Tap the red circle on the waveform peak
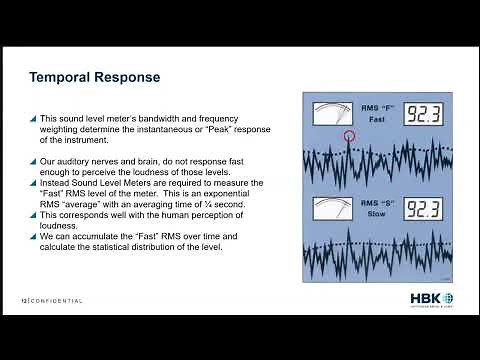pyautogui.click(x=349, y=135)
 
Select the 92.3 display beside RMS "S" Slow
pyautogui.click(x=424, y=209)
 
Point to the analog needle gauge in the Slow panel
pyautogui.click(x=332, y=208)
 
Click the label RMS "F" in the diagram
pyautogui.click(x=378, y=106)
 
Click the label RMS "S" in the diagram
pyautogui.click(x=378, y=203)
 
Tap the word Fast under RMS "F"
pyautogui.click(x=377, y=119)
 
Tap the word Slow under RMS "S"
pyautogui.click(x=377, y=215)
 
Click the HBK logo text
pyautogui.click(x=423, y=299)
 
